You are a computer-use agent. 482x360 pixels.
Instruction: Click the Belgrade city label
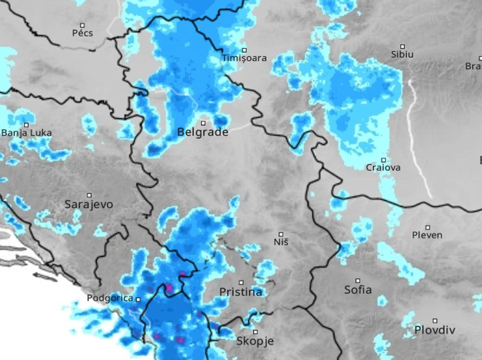click(202, 132)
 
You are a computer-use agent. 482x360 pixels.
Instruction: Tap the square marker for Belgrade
click(203, 122)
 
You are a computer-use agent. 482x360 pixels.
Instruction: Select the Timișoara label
click(244, 58)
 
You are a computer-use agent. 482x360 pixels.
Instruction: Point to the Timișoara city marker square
click(244, 50)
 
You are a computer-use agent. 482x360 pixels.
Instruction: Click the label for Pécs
click(82, 33)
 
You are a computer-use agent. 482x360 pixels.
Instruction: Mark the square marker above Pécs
click(82, 25)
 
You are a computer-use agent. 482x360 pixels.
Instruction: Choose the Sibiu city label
click(402, 54)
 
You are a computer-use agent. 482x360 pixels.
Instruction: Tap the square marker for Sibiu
click(403, 46)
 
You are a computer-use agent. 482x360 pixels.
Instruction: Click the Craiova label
click(383, 168)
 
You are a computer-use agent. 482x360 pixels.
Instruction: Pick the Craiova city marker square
click(383, 160)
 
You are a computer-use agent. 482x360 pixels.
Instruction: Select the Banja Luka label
click(26, 133)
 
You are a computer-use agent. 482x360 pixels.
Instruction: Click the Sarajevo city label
click(88, 204)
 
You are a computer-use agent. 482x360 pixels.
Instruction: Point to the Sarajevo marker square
click(89, 194)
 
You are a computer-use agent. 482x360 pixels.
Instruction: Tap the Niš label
click(281, 242)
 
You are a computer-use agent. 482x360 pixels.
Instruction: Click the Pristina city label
click(240, 292)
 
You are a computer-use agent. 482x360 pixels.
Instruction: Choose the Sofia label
click(358, 290)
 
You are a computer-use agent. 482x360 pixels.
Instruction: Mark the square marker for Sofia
click(358, 280)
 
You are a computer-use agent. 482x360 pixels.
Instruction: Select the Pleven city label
click(427, 235)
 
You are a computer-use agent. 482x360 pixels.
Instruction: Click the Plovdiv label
click(434, 329)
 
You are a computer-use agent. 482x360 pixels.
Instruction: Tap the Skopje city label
click(255, 341)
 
